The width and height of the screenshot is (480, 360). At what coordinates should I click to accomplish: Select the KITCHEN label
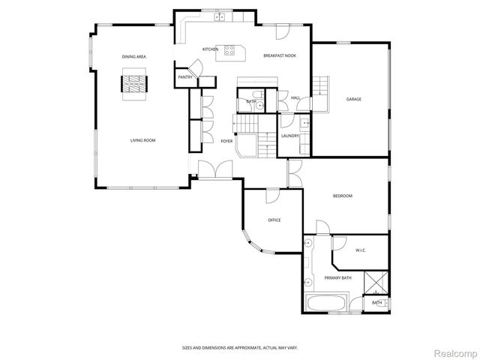point(210,49)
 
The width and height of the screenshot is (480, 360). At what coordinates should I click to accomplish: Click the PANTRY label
point(184,77)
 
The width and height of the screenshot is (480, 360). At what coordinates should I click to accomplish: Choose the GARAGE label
point(355,99)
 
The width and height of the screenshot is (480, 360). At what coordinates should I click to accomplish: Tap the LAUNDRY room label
point(290,136)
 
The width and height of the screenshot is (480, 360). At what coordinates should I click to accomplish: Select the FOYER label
point(226,140)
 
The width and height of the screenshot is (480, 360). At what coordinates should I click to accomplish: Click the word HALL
point(295,97)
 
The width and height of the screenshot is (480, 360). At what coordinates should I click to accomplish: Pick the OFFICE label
point(274,220)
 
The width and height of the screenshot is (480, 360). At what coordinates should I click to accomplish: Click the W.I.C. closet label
point(359,250)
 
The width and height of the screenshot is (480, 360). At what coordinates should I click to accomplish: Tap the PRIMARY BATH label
point(337,278)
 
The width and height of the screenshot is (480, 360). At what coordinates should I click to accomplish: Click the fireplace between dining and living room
point(136,82)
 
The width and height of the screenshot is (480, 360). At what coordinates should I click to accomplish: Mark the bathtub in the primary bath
point(327,305)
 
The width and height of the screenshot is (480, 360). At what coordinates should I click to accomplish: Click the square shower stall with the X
point(374,283)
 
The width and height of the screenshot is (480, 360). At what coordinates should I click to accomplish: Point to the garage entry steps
point(320,85)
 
